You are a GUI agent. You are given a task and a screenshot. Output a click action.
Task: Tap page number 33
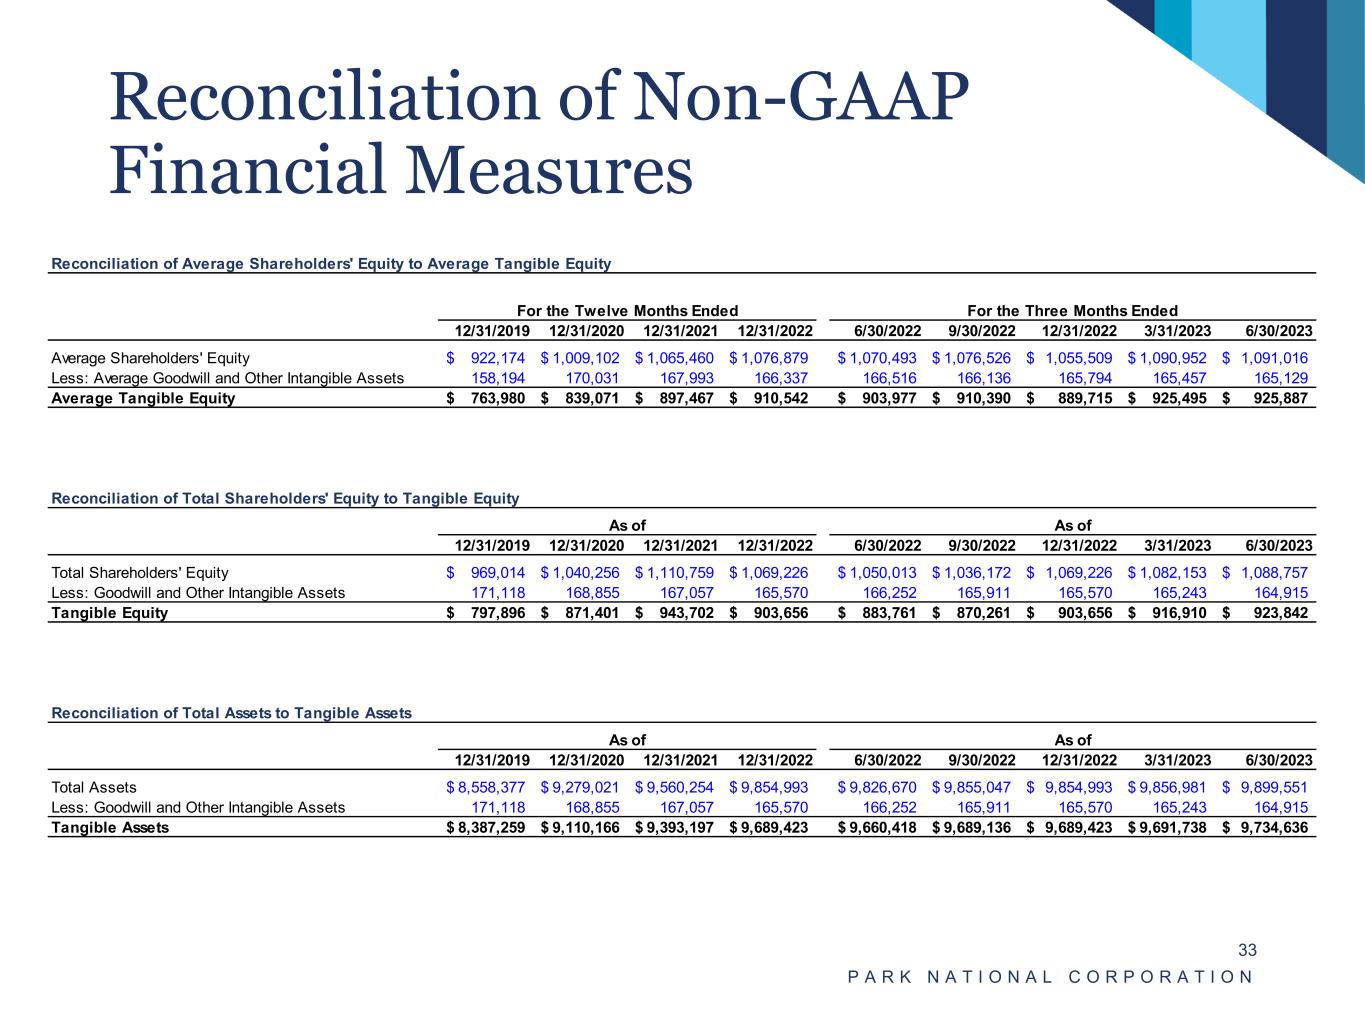pos(1247,949)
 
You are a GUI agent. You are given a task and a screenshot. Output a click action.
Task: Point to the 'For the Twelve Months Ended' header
pos(627,310)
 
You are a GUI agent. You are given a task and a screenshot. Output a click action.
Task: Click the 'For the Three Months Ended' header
pos(1072,310)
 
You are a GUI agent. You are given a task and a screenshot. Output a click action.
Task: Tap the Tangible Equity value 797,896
pos(497,613)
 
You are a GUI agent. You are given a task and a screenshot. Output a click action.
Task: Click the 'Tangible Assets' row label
pos(110,827)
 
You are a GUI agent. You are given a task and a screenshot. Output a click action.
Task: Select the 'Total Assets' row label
pos(94,787)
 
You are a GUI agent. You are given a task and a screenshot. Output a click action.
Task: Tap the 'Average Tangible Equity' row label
pos(143,398)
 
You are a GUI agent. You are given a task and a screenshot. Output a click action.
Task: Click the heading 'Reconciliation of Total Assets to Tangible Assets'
pos(231,713)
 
